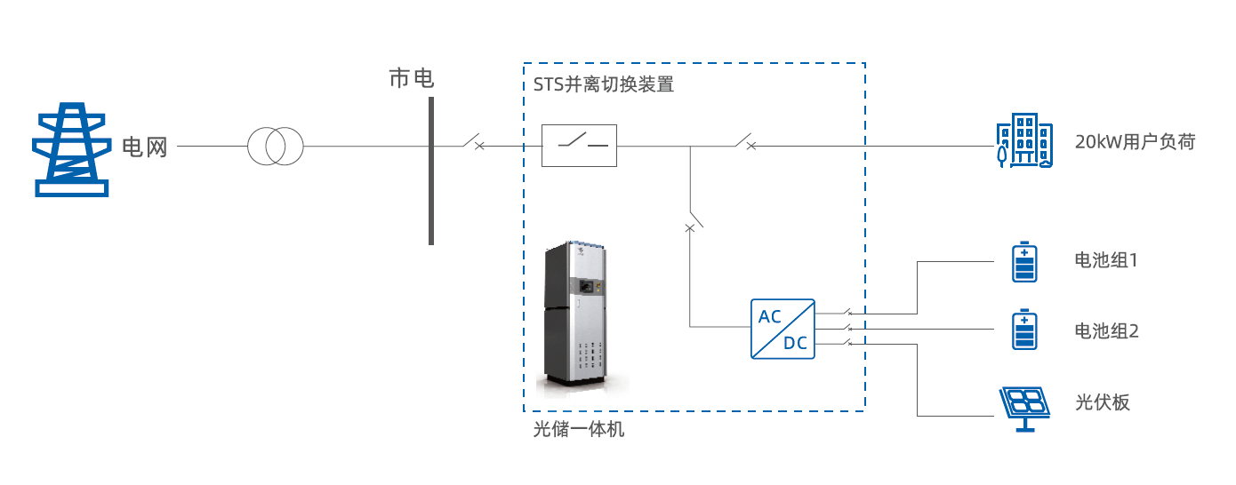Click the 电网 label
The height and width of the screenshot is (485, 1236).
(x=144, y=147)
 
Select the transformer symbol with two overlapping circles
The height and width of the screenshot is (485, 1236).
(x=275, y=146)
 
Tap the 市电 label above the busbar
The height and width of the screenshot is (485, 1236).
(x=411, y=79)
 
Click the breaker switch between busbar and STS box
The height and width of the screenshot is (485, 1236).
(x=473, y=142)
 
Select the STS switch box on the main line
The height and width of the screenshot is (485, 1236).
(x=579, y=146)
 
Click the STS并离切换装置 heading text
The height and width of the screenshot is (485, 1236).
(x=603, y=86)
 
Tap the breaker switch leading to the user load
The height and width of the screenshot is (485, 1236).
(x=745, y=142)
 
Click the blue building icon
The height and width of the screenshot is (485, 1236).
(x=1023, y=142)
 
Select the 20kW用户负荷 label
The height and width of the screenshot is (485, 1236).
(x=1135, y=142)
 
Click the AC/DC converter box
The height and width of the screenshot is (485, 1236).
(x=783, y=329)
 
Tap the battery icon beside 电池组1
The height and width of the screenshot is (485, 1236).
(x=1025, y=262)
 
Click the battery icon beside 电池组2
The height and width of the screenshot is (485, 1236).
(x=1025, y=330)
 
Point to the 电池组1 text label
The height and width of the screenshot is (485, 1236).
(x=1106, y=261)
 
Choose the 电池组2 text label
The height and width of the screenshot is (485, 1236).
(x=1106, y=331)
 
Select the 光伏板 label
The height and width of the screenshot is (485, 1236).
(x=1102, y=402)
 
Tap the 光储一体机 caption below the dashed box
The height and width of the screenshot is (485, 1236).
(x=578, y=430)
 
